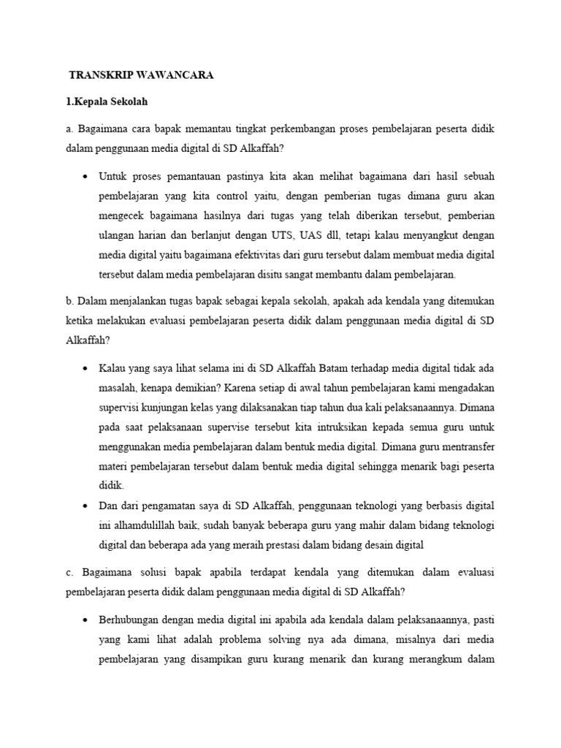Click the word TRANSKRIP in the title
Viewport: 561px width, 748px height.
point(99,75)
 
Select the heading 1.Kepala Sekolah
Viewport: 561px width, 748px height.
point(107,101)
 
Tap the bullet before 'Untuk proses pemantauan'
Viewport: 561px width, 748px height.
point(86,176)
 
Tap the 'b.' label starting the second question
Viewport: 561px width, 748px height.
point(69,300)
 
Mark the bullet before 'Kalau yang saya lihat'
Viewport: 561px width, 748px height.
point(86,367)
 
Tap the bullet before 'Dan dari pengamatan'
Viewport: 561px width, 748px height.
point(86,505)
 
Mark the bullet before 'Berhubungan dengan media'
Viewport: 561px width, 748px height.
point(86,619)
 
